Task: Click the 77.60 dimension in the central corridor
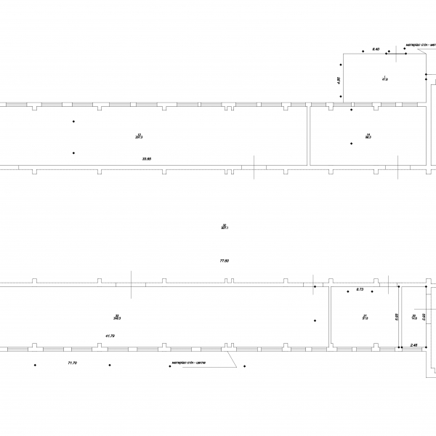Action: tap(225, 260)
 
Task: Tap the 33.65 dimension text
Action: tap(147, 158)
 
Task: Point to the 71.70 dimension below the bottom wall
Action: tap(72, 362)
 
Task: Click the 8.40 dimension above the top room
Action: tap(376, 48)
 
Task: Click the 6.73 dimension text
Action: tap(360, 290)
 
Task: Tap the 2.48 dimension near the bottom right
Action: tap(413, 344)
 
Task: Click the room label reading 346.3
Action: tap(117, 317)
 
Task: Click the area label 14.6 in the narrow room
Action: tap(414, 317)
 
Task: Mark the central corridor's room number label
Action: tap(225, 225)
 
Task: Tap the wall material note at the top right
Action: tap(421, 44)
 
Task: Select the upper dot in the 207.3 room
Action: tap(73, 121)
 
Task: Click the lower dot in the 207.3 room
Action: tap(73, 153)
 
